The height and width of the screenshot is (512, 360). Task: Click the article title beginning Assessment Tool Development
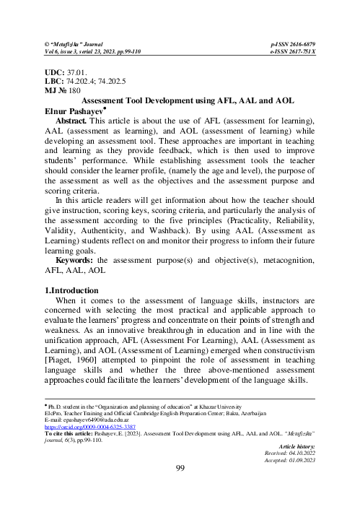click(x=180, y=103)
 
